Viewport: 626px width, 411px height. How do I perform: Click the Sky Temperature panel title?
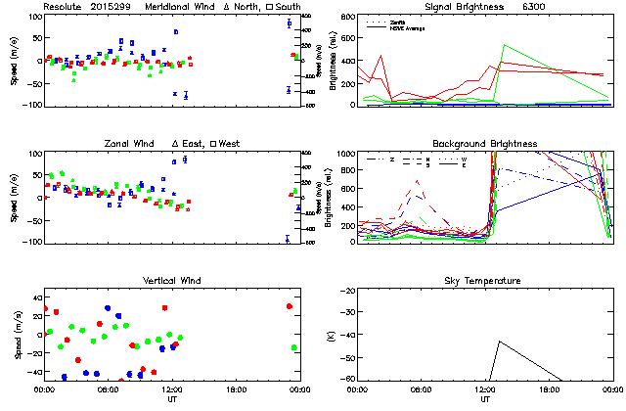[x=484, y=281]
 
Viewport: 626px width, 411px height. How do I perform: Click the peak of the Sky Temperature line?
[x=500, y=342]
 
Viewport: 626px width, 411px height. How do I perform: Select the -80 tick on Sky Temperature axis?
[x=346, y=379]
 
